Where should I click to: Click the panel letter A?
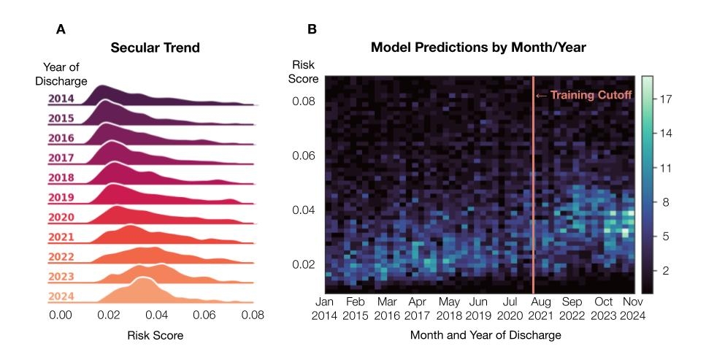pos(61,30)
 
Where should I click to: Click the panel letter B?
pos(312,30)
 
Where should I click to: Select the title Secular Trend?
pos(155,49)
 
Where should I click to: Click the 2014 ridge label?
pos(61,99)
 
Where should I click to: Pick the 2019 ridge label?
pos(61,198)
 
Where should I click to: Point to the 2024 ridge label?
pos(61,296)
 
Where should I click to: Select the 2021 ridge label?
pos(61,237)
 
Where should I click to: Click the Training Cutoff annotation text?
pos(591,95)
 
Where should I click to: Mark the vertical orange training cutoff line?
pos(534,183)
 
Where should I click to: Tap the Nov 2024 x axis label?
pos(631,308)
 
